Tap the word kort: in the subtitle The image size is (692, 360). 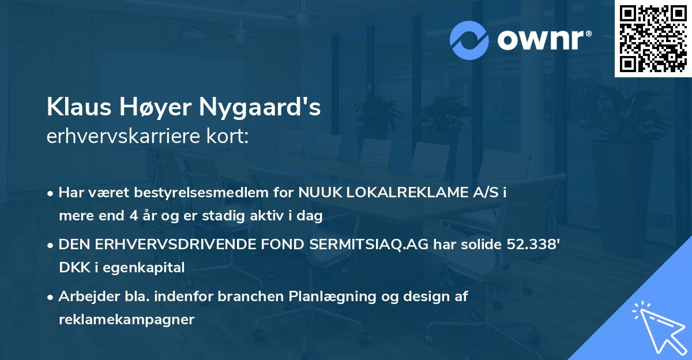click(229, 137)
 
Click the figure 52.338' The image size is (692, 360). click(529, 244)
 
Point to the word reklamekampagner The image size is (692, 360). click(126, 320)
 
